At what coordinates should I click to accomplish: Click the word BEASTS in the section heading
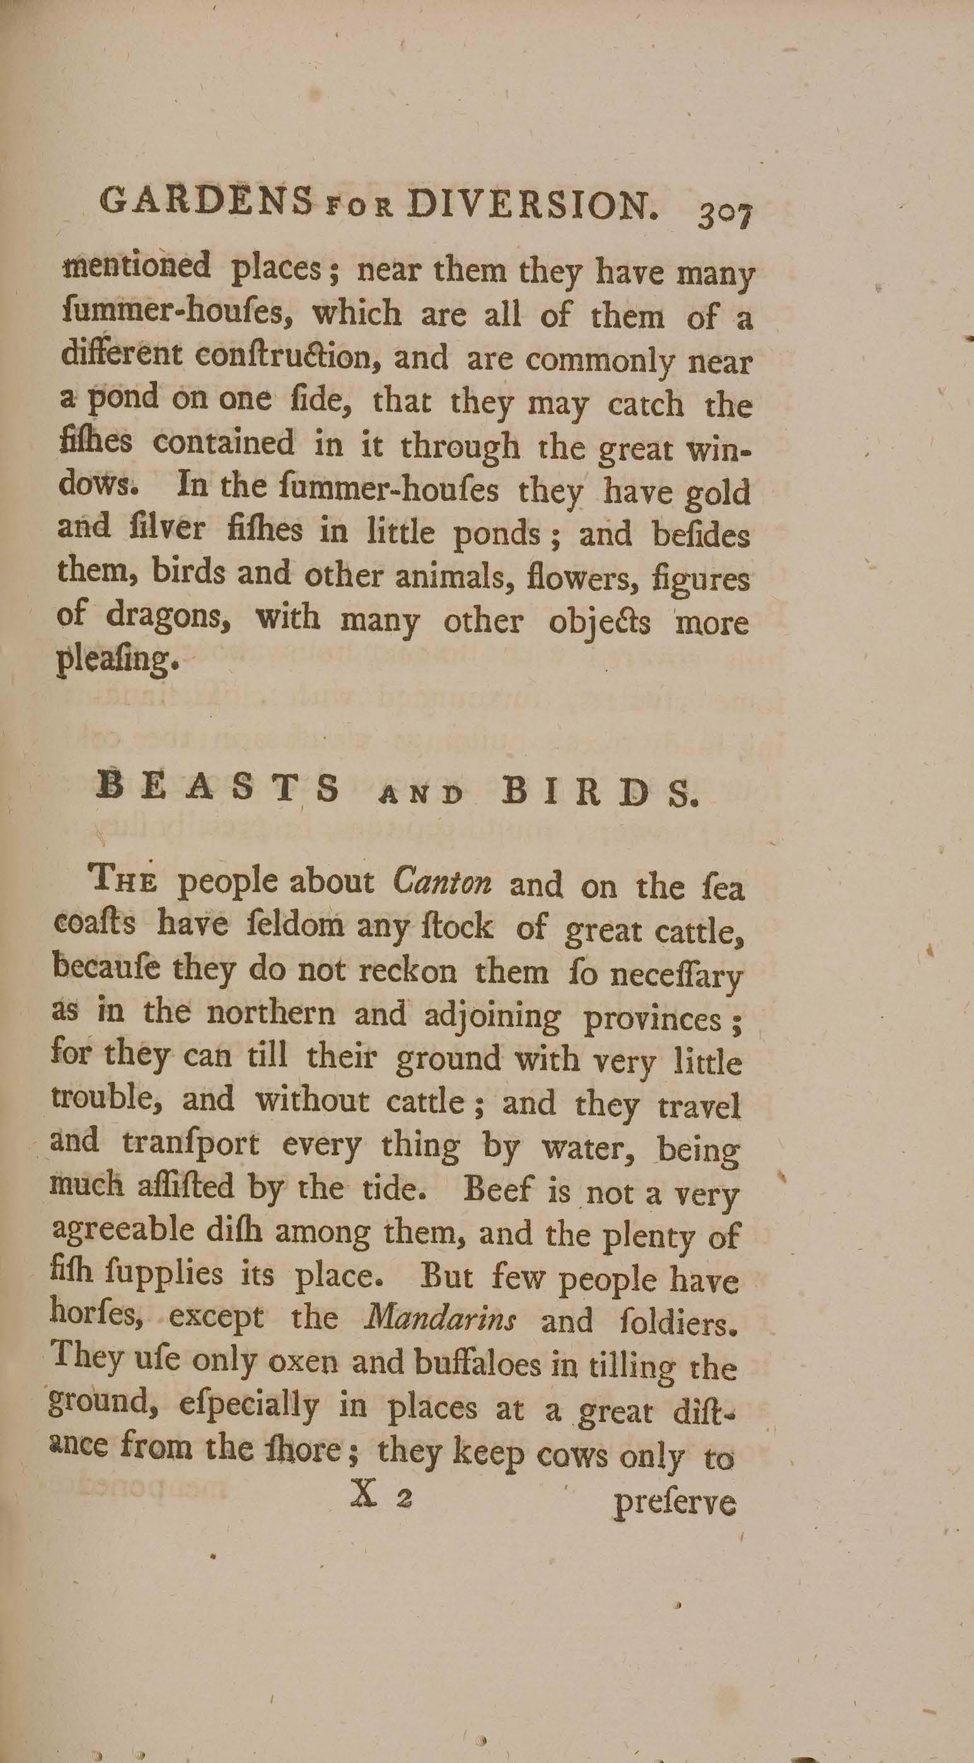(218, 789)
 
